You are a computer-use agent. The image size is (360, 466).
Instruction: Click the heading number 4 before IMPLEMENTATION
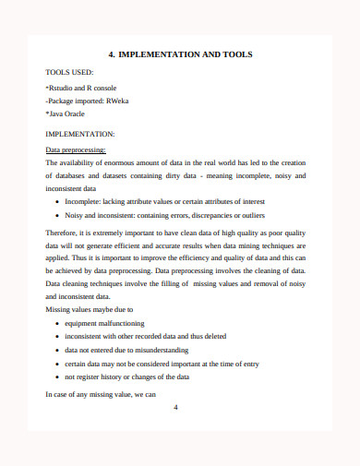tap(111, 55)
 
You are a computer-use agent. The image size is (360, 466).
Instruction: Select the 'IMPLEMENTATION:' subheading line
tap(79, 134)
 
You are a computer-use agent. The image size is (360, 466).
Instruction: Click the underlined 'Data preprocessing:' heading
tap(76, 149)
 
